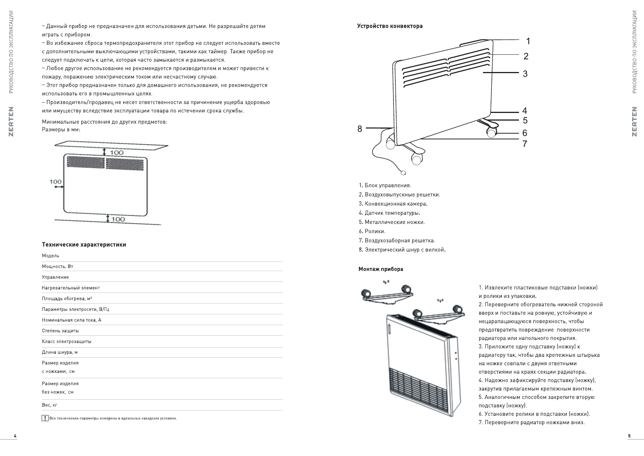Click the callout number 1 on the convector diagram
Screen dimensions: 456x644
(528, 41)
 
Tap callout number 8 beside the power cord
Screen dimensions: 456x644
(359, 129)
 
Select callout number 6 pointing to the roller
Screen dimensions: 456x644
(525, 133)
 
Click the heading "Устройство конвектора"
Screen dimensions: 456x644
(390, 26)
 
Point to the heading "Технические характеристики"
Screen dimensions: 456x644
(84, 245)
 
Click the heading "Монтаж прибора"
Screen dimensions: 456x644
(381, 269)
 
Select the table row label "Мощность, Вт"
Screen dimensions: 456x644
(57, 266)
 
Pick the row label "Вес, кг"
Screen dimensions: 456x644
(50, 405)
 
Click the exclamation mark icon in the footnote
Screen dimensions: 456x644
(45, 418)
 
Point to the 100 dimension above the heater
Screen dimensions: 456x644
(117, 152)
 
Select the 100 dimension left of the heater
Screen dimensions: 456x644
(55, 181)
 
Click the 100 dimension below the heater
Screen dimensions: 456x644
(118, 219)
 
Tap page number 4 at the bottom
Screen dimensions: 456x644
(15, 436)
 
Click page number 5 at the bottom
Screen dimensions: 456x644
(629, 436)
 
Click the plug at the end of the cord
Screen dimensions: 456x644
(403, 173)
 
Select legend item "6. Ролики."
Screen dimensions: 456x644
(372, 232)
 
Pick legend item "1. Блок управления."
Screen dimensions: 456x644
(385, 186)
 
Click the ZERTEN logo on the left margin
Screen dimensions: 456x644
(11, 121)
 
